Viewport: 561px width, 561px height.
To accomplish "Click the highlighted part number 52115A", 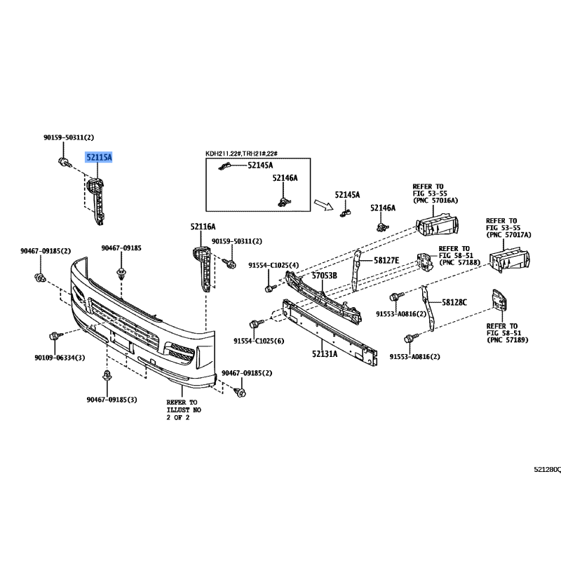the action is tap(98, 157).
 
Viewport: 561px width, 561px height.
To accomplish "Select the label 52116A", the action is tap(203, 227).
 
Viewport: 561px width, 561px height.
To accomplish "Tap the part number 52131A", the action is tap(325, 354).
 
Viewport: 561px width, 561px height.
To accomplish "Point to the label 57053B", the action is tap(324, 276).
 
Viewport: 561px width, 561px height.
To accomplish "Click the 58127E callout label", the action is tap(386, 260).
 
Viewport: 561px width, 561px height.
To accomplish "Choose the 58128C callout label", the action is tap(454, 302).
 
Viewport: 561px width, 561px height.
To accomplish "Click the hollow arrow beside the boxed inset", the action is tap(323, 205).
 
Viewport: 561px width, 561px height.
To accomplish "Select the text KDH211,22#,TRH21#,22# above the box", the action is tap(241, 154).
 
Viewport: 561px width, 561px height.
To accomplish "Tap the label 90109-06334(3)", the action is tap(60, 358).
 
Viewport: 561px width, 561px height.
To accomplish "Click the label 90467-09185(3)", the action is tap(111, 400).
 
